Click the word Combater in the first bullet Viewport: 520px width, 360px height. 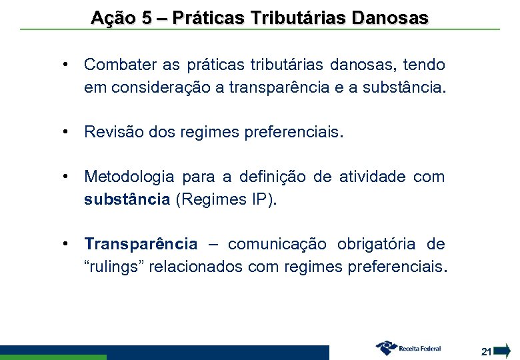[x=117, y=65]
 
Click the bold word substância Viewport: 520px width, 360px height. [x=127, y=199]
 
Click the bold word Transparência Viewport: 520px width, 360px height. [x=141, y=244]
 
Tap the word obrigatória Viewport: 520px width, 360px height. [x=380, y=244]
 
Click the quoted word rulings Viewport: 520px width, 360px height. [x=114, y=267]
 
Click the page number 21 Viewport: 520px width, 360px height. [x=486, y=351]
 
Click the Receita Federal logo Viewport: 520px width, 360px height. [x=408, y=348]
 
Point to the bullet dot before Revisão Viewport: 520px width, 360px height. [x=67, y=132]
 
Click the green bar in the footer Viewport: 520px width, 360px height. [x=53, y=357]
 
